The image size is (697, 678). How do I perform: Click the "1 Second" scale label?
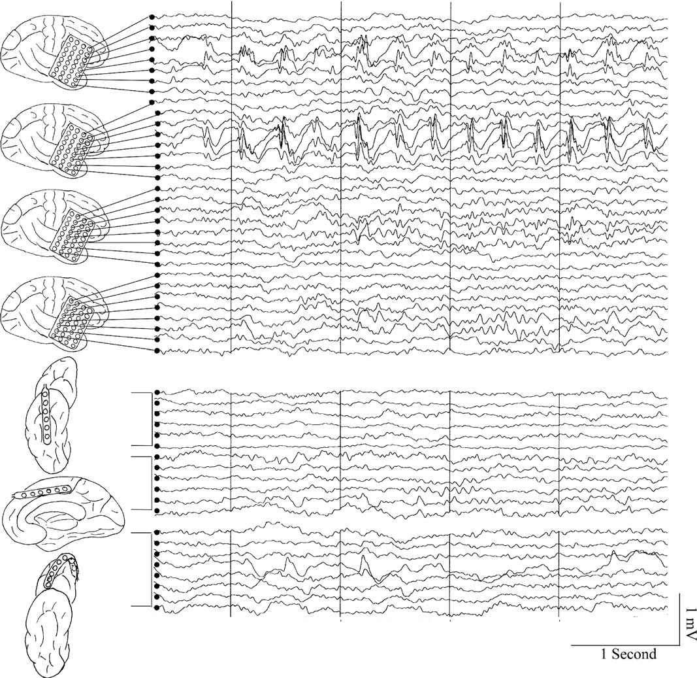pos(628,654)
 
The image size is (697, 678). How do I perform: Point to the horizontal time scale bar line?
pos(624,644)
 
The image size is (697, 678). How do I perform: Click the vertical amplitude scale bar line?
pos(679,619)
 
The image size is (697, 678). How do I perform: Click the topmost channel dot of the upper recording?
pos(152,17)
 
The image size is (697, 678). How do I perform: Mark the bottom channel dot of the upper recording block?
pos(157,351)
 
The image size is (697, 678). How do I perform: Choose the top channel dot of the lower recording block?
pos(157,392)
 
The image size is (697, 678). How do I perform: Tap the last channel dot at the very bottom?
pos(157,607)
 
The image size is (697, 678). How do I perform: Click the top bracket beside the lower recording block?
pos(142,419)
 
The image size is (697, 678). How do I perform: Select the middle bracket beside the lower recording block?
pos(142,483)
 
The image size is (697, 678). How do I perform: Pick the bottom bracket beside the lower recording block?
pos(142,569)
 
